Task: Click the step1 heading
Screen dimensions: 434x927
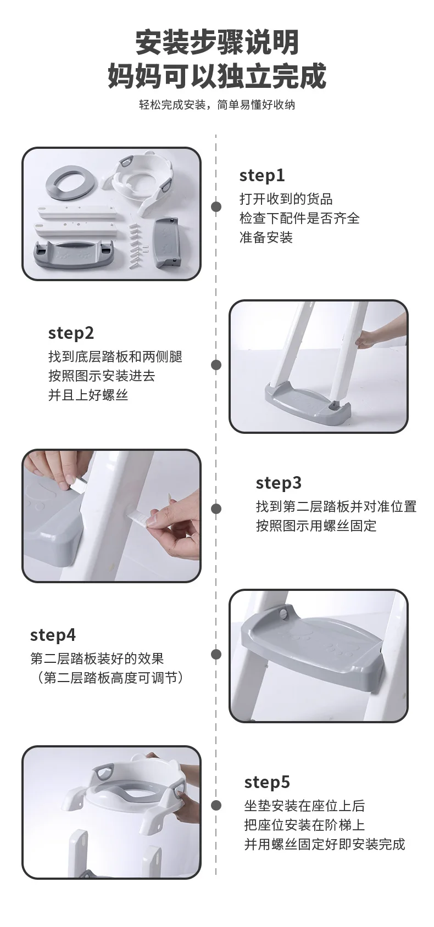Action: [262, 176]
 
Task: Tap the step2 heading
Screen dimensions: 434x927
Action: [71, 333]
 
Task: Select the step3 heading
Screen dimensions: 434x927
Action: [279, 483]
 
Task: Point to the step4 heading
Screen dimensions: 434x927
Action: [53, 635]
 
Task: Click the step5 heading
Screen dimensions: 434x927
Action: [267, 782]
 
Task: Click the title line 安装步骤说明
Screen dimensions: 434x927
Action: [217, 42]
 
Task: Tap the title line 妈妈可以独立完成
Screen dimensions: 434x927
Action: [217, 76]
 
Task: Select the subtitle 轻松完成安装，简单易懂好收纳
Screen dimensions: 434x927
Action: [217, 105]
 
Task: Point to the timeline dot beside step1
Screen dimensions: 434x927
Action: [216, 206]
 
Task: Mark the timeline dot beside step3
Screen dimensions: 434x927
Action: [216, 509]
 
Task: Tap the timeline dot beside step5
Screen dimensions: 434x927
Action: [216, 805]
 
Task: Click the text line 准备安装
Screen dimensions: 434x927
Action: [266, 237]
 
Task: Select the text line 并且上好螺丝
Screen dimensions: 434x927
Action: [88, 395]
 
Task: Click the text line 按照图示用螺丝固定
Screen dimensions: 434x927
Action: [316, 526]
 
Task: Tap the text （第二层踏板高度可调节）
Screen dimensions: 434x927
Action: [109, 678]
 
